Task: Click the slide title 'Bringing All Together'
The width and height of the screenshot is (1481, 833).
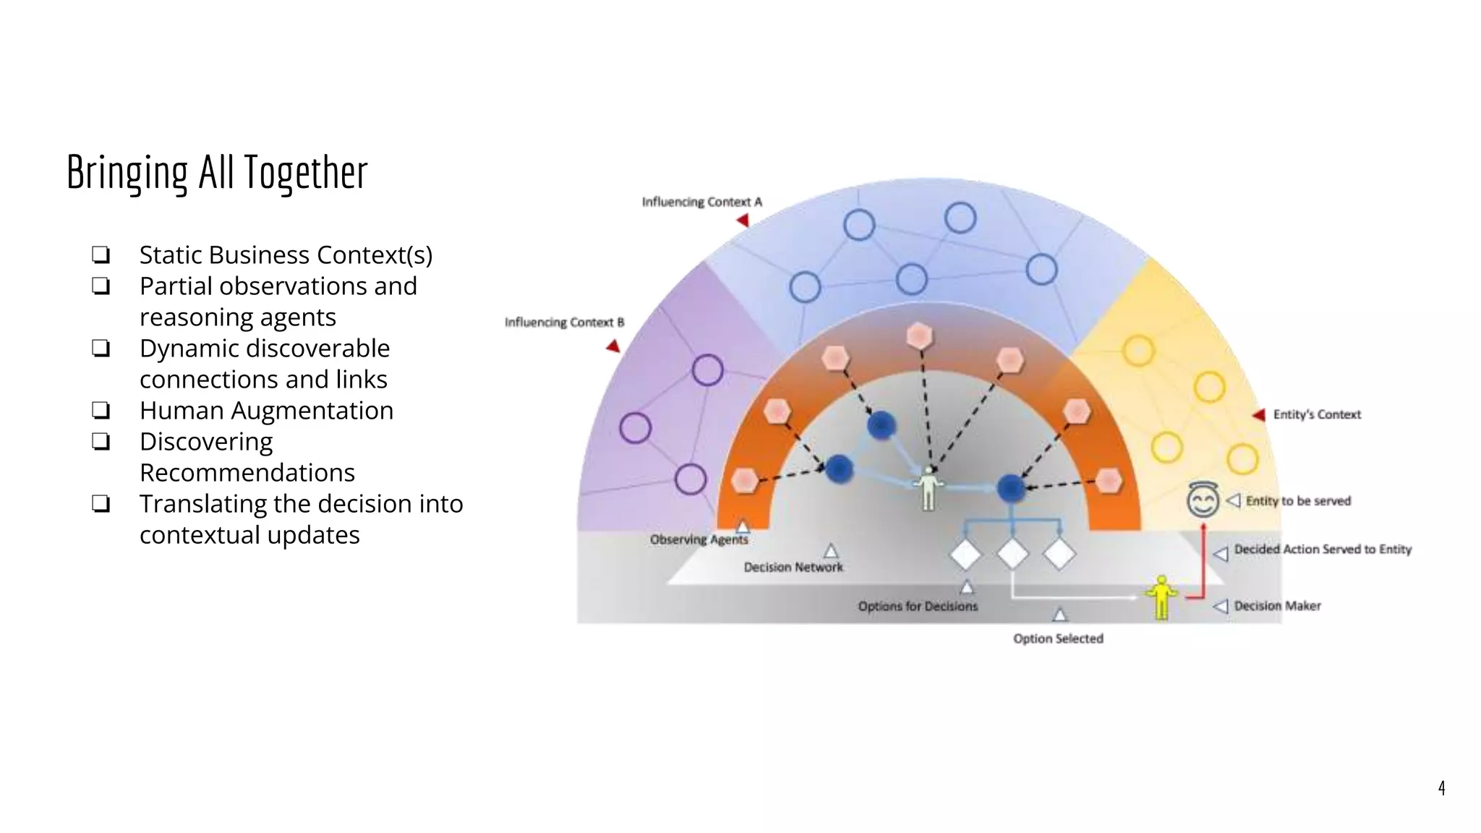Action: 217,173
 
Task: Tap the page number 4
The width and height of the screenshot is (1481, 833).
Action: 1441,787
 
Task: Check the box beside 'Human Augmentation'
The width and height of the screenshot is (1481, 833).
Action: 101,411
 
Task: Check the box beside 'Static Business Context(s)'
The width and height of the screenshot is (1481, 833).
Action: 101,255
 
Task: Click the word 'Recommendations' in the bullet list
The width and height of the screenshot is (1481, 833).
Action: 247,473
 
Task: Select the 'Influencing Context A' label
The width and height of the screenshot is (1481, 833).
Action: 701,202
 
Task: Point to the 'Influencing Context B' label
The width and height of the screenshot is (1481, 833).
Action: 564,322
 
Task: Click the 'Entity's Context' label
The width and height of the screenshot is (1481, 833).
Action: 1317,414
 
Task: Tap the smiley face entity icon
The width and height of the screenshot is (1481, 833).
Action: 1203,500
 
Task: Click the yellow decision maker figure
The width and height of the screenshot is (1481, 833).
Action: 1161,597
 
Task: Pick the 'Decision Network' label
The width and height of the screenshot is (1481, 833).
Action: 793,568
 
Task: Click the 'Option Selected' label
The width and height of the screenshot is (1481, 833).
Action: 1058,638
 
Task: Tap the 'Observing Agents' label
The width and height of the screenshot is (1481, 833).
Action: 699,539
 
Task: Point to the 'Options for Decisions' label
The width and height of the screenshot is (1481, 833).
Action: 918,606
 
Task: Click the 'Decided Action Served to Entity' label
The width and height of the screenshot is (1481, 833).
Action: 1323,550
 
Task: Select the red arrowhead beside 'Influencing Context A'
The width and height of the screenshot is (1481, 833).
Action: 743,221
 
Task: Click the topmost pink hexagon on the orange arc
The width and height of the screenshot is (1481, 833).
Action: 919,336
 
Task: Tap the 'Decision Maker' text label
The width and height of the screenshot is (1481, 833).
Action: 1277,606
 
